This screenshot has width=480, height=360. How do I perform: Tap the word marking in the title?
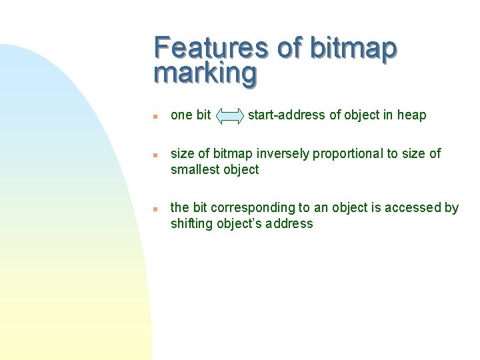click(205, 73)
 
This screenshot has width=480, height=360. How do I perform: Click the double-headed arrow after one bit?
click(231, 116)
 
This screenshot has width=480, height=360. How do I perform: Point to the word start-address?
click(287, 115)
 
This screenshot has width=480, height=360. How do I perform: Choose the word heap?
click(411, 115)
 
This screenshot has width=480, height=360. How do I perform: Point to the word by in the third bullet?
click(451, 208)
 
